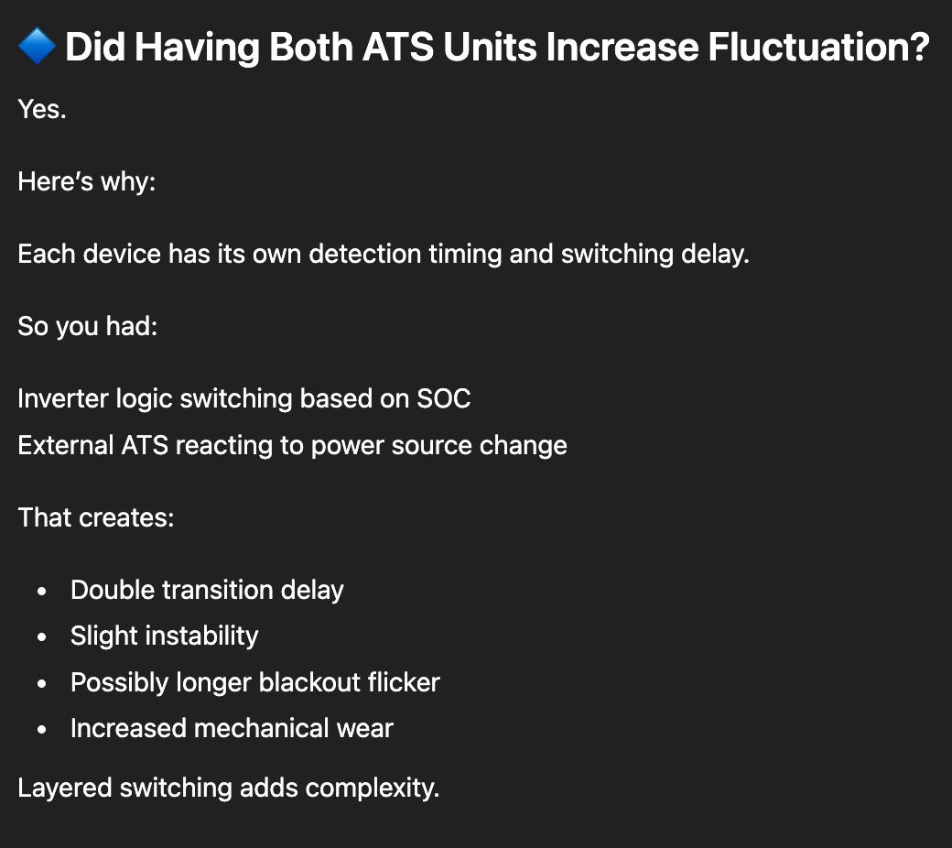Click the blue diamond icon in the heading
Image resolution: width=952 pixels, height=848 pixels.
[x=37, y=46]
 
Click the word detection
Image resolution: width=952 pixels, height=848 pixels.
[x=365, y=254]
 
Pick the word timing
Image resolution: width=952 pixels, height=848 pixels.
[x=465, y=255]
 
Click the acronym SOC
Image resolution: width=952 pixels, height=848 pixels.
[x=443, y=398]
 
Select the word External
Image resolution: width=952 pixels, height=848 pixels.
[x=66, y=445]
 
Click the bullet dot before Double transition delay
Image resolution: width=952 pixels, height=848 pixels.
[x=41, y=591]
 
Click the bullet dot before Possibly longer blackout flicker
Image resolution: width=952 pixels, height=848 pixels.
[x=41, y=683]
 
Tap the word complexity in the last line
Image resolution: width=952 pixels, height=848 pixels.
[x=373, y=788]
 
